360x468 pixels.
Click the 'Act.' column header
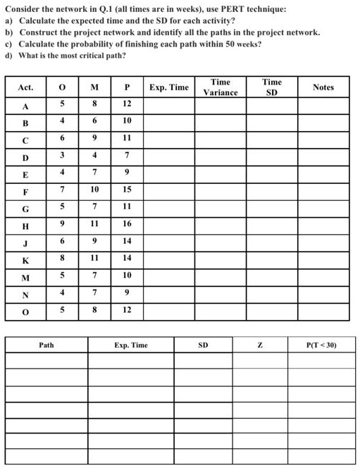pos(26,87)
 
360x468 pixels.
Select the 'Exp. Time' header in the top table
pos(169,87)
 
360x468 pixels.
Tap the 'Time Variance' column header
pos(221,87)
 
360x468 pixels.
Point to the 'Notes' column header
pos(323,87)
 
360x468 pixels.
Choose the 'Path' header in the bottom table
pos(46,345)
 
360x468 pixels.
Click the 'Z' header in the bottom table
pos(260,345)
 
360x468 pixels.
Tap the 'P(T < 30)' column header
pos(321,345)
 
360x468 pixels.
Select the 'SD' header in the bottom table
pos(203,345)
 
